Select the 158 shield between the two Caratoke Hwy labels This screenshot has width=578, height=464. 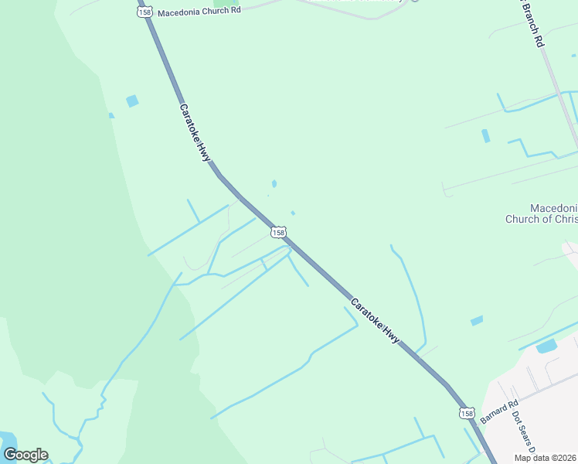pos(278,232)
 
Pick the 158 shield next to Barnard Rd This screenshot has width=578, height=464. pos(467,414)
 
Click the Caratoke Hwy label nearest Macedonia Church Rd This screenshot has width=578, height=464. pos(195,132)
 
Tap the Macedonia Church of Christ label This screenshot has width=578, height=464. pos(541,214)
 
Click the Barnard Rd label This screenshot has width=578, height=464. pos(498,411)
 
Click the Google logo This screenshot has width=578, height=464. pos(25,455)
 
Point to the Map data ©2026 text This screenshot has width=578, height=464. pos(546,458)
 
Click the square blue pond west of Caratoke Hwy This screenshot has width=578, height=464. pos(132,101)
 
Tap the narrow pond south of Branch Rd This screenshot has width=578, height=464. pos(485,136)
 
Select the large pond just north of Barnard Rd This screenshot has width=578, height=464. pos(546,346)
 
